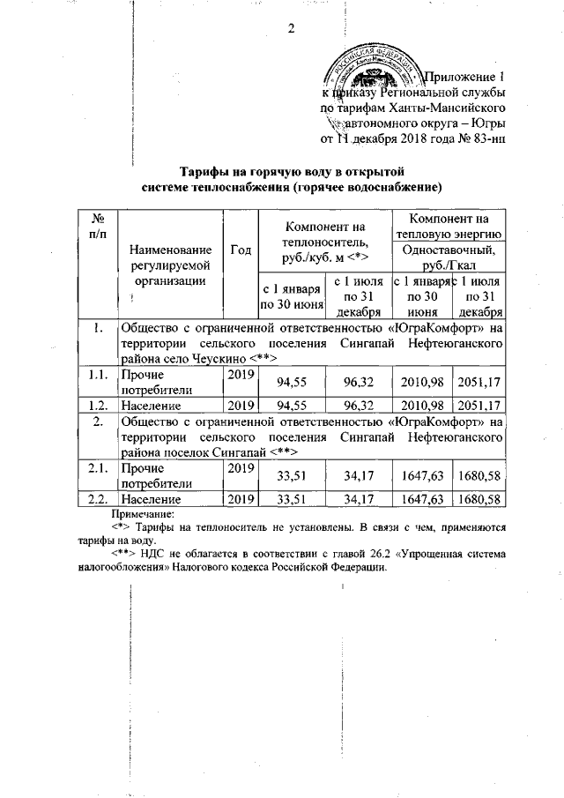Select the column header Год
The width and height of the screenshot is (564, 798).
[x=240, y=250]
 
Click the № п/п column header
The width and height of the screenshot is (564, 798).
[x=99, y=225]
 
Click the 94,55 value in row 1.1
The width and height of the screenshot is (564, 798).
[x=292, y=384]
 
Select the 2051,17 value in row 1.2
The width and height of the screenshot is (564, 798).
[x=479, y=406]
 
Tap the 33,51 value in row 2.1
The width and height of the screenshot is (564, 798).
[x=292, y=477]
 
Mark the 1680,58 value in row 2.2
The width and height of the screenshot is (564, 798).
[x=479, y=500]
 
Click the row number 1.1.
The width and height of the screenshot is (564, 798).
[x=99, y=376]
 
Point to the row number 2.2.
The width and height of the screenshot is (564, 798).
[x=99, y=500]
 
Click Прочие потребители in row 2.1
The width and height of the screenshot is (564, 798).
[x=155, y=476]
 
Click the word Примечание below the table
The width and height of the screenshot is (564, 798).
[x=144, y=512]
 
